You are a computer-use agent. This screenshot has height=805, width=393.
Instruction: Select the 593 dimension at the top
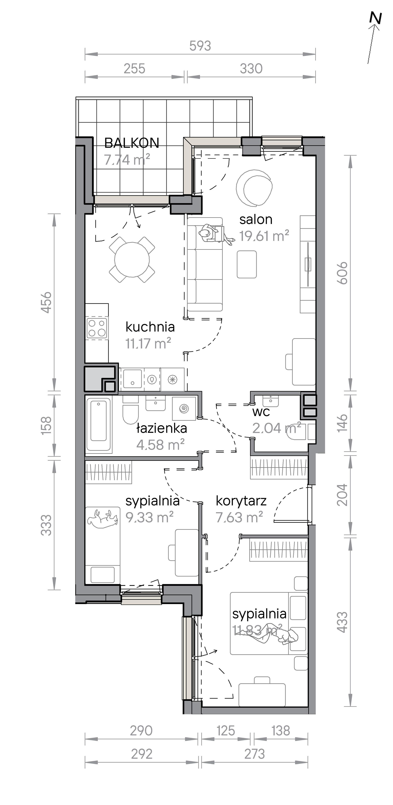click(x=200, y=46)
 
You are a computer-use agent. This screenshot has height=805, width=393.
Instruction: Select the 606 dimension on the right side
click(x=343, y=273)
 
